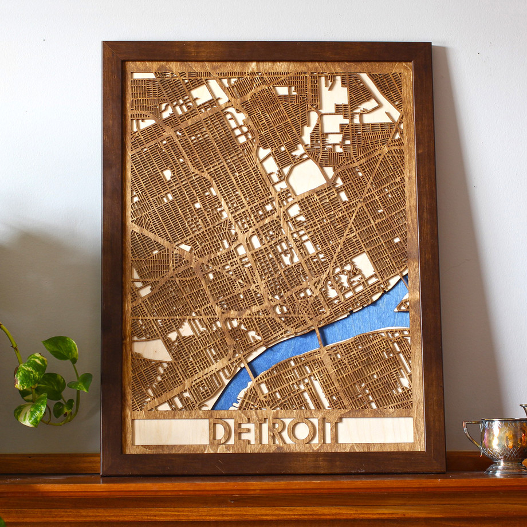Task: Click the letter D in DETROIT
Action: click(x=220, y=431)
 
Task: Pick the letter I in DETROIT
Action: click(x=318, y=431)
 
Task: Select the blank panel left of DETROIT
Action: click(x=170, y=431)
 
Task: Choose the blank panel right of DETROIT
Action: click(x=375, y=430)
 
